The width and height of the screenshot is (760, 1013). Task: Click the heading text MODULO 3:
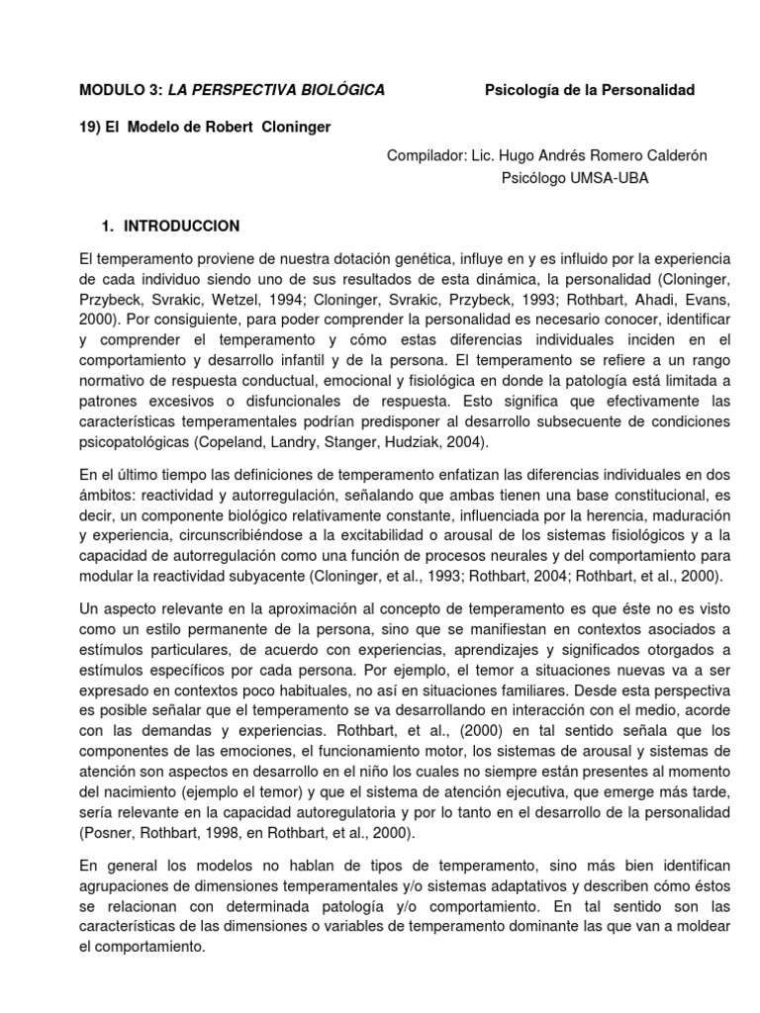pyautogui.click(x=121, y=90)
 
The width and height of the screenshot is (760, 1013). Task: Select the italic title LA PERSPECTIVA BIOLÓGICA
pyautogui.click(x=276, y=90)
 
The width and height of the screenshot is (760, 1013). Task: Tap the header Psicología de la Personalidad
pyautogui.click(x=590, y=90)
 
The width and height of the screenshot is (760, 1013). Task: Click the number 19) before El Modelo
pyautogui.click(x=91, y=128)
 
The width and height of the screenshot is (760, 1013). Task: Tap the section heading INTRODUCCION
pyautogui.click(x=182, y=226)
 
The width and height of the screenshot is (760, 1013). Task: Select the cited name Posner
pyautogui.click(x=110, y=827)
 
